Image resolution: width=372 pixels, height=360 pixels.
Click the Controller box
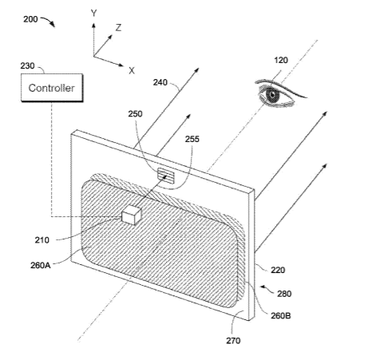[52, 88]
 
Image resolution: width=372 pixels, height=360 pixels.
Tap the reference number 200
[30, 19]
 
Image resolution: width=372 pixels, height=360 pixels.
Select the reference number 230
[27, 65]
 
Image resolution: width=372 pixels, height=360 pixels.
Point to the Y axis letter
[93, 13]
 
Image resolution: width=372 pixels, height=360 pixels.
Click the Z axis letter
[118, 28]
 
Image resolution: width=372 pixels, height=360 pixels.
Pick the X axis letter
[132, 71]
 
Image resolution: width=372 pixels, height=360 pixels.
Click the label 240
[160, 82]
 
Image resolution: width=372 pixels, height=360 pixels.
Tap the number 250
[136, 114]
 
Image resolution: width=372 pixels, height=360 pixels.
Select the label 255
[192, 139]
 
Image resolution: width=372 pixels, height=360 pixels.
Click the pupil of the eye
[272, 95]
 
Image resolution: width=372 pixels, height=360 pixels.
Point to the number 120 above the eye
[281, 61]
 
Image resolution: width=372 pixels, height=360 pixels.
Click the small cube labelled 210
[131, 215]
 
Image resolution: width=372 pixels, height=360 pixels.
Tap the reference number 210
[42, 240]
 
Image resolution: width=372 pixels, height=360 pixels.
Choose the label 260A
[41, 265]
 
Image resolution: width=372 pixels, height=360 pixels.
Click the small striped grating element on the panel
[166, 176]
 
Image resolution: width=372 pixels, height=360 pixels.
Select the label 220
[278, 271]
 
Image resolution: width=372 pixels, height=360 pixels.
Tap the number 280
[284, 294]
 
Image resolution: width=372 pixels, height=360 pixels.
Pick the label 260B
[281, 316]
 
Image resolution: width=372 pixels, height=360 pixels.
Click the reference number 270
[233, 341]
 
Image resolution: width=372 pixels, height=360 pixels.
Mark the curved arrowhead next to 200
[53, 25]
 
